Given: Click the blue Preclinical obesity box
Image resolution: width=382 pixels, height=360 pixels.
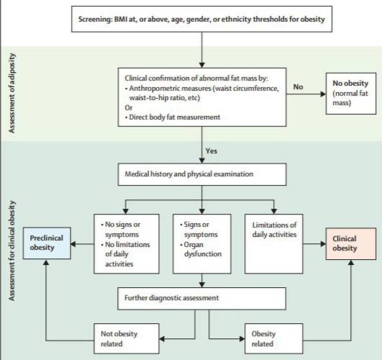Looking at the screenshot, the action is [x=47, y=243].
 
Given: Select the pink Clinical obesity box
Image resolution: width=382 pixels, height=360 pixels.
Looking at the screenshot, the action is [x=351, y=243].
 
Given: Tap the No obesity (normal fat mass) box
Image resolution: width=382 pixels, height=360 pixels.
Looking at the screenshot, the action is [x=351, y=94].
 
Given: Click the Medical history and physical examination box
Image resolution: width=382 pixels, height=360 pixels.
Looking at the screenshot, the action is [x=202, y=174].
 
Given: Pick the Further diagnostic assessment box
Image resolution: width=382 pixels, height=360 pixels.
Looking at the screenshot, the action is [x=201, y=299].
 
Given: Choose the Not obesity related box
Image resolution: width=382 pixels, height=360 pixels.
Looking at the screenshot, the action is [x=127, y=338].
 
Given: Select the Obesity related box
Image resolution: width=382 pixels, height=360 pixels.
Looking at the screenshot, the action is [x=274, y=338].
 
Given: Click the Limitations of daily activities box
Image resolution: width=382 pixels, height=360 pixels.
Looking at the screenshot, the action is [x=274, y=243].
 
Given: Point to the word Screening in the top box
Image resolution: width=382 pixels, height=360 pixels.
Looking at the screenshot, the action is [x=95, y=19].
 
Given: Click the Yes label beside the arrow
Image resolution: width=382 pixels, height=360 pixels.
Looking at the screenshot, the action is [x=212, y=151].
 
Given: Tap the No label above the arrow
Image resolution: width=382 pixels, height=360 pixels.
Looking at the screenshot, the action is [x=299, y=87].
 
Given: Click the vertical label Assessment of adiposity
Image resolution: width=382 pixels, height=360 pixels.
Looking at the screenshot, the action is [x=12, y=93].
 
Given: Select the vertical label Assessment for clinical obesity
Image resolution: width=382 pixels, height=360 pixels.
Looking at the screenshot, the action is [x=12, y=251].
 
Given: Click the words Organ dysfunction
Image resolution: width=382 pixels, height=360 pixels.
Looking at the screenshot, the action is [x=201, y=249].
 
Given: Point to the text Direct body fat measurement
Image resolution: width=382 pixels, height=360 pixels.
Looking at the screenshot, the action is [x=174, y=117].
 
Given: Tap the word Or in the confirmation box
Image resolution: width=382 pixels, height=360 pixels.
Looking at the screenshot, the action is [x=129, y=107].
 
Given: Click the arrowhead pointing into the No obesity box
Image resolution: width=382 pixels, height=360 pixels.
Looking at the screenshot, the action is [x=323, y=94].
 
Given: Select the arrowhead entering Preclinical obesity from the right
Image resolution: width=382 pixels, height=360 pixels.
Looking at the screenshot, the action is [x=73, y=243].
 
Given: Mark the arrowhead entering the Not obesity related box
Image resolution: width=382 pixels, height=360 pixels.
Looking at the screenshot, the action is [x=162, y=339].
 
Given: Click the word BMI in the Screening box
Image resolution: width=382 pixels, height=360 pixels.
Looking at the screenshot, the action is [x=119, y=19].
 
